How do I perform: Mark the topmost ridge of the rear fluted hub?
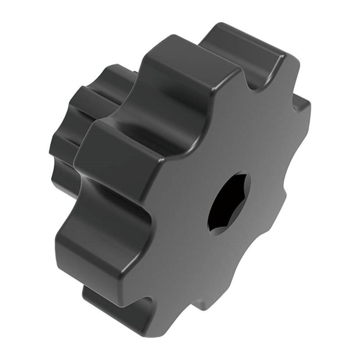[x=112, y=72]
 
